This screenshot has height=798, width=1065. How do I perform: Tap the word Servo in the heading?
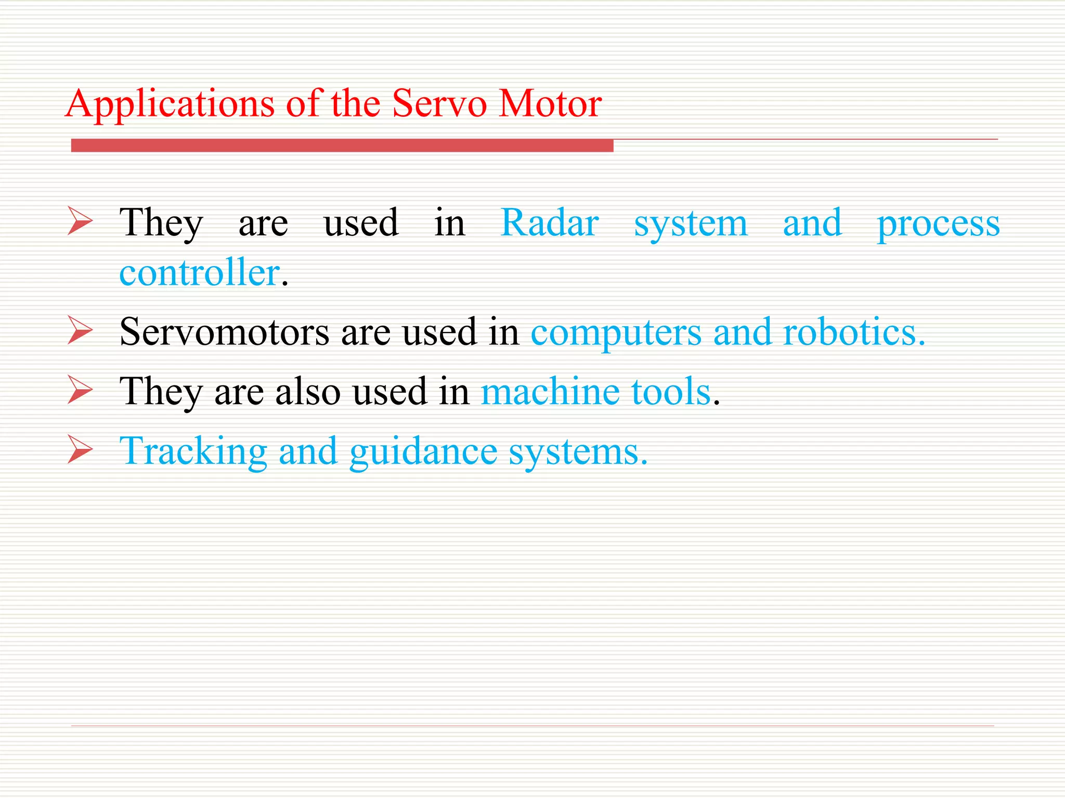pyautogui.click(x=439, y=103)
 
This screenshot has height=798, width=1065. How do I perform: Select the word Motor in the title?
pyautogui.click(x=550, y=103)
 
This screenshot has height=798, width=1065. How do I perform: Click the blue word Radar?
pyautogui.click(x=549, y=223)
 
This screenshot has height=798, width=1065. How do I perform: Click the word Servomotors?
pyautogui.click(x=224, y=331)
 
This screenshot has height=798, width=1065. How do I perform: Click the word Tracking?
pyautogui.click(x=193, y=451)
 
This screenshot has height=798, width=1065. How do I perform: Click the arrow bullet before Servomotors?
pyautogui.click(x=80, y=331)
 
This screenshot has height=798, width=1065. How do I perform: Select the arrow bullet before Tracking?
pyautogui.click(x=80, y=450)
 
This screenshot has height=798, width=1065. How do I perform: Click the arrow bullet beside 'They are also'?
pyautogui.click(x=80, y=391)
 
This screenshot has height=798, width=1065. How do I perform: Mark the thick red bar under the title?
pyautogui.click(x=342, y=145)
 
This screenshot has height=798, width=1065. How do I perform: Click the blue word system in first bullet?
pyautogui.click(x=691, y=225)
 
